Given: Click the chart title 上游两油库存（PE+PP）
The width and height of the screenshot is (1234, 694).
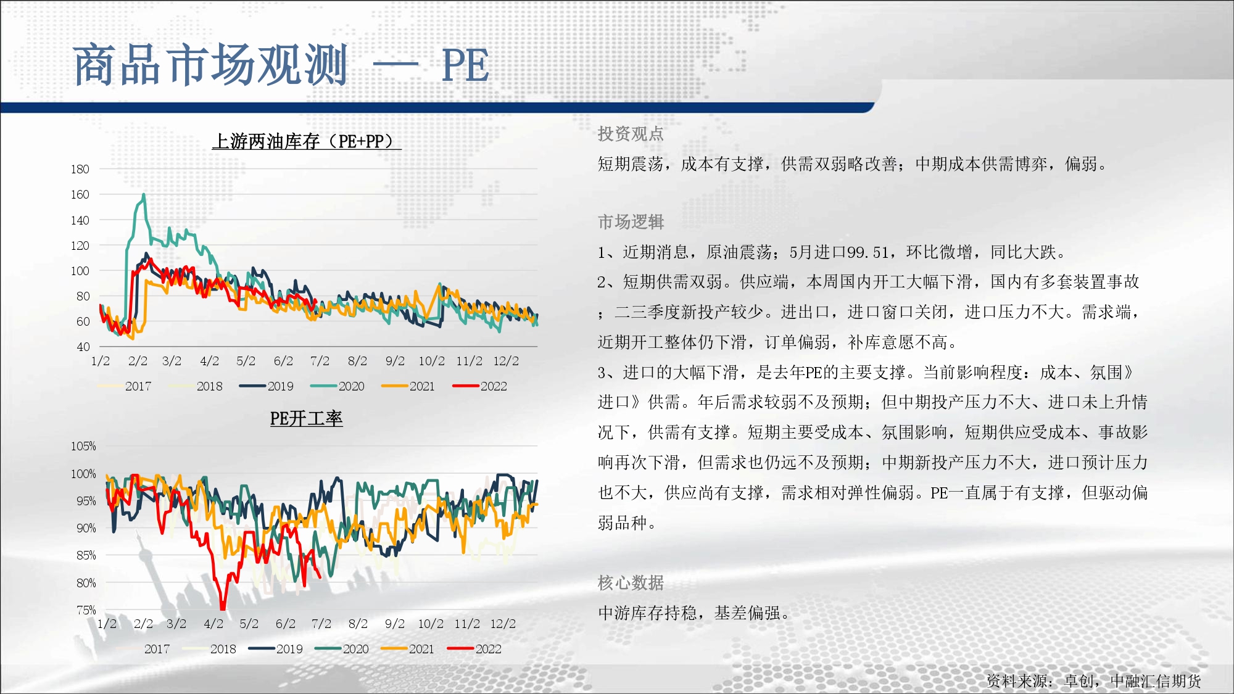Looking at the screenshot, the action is (x=307, y=141).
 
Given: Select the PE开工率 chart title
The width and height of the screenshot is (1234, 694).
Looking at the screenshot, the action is (x=306, y=419).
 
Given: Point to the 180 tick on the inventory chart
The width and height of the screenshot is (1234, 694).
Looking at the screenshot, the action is (x=80, y=169).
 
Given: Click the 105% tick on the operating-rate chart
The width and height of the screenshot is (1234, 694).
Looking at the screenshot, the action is (x=83, y=446).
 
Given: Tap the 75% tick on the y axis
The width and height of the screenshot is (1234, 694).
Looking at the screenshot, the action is (x=86, y=610).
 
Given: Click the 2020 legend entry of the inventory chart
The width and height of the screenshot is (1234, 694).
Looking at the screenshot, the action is (x=337, y=386).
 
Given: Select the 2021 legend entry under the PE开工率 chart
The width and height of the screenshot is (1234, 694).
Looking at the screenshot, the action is (x=408, y=649).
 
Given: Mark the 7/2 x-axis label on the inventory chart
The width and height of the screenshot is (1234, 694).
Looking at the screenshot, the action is (x=320, y=361).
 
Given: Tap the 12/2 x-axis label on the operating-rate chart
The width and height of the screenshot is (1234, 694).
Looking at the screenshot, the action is (x=503, y=624).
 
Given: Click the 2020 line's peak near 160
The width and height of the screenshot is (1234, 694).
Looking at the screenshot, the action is (x=144, y=195).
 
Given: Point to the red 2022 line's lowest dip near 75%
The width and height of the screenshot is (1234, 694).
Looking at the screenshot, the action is (x=223, y=607).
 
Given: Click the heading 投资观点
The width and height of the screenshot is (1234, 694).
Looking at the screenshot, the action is (x=631, y=134).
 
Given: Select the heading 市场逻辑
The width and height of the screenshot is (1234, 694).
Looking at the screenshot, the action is (x=631, y=222).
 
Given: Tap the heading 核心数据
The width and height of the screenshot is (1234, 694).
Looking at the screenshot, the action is (x=631, y=583).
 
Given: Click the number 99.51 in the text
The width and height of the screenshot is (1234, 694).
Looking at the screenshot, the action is (x=868, y=252).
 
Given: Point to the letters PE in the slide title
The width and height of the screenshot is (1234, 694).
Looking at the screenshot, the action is (x=466, y=65).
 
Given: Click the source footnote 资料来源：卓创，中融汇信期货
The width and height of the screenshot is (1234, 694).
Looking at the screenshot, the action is (x=1094, y=681).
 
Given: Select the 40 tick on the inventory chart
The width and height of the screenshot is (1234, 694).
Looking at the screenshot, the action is (x=83, y=347).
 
